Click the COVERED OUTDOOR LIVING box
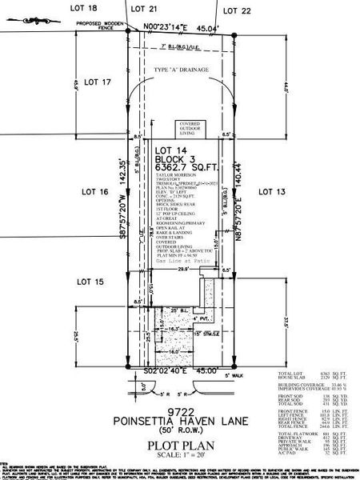[190, 130]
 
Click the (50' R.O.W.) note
[178, 430]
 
